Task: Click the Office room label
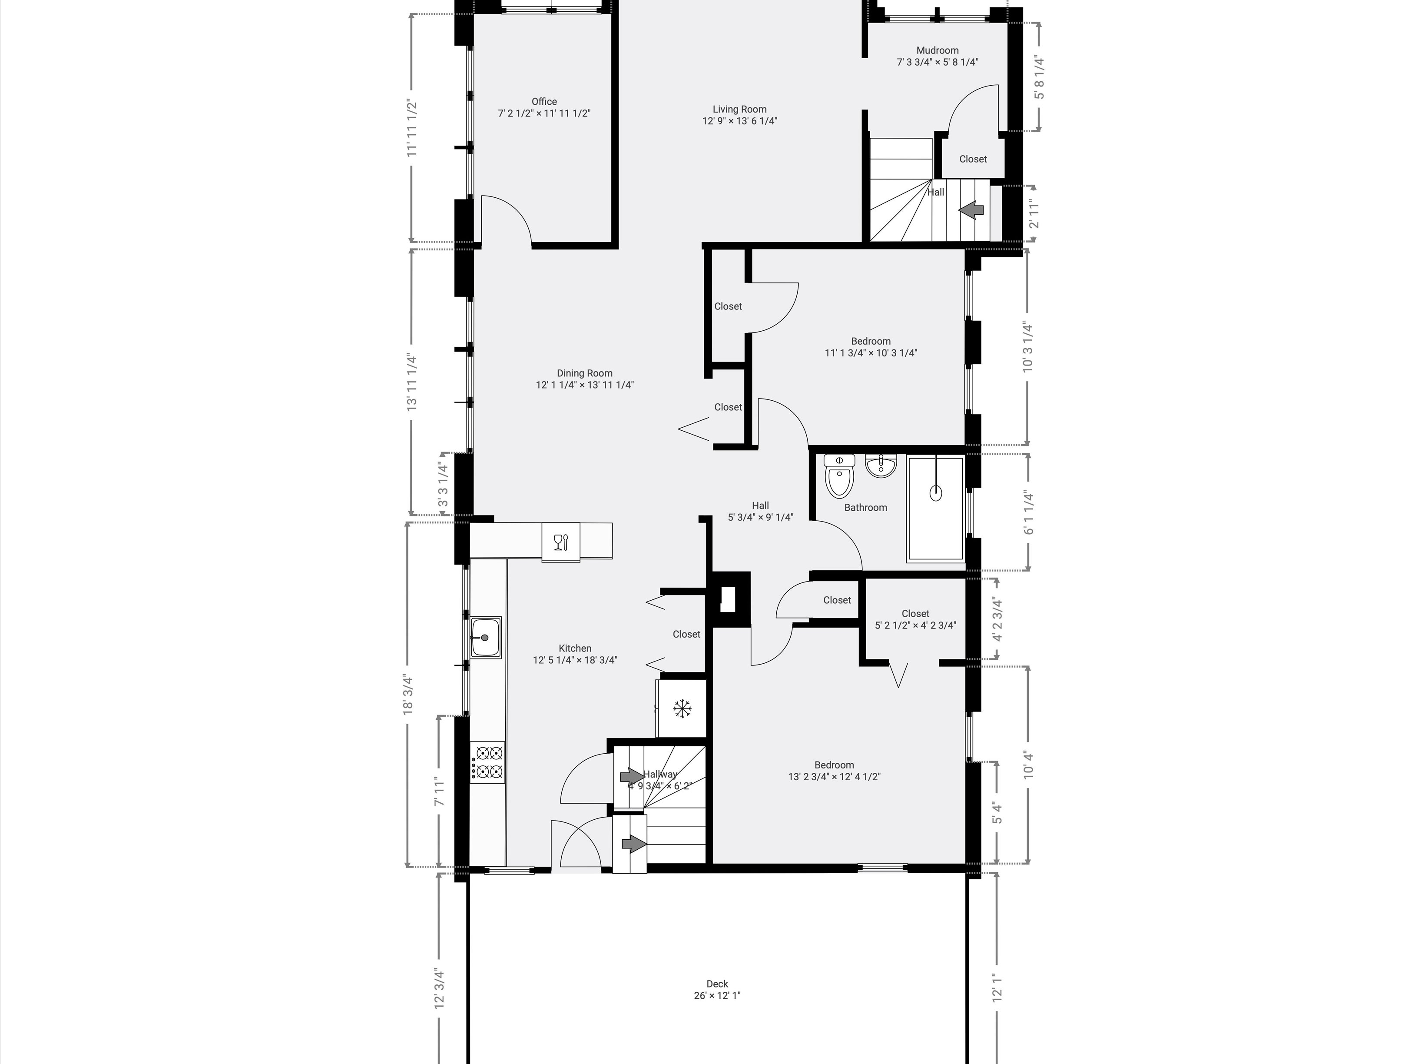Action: (544, 101)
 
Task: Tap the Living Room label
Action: (740, 109)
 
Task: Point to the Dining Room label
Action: (585, 373)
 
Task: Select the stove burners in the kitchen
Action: (488, 762)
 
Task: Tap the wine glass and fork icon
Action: (561, 542)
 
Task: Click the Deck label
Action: (717, 984)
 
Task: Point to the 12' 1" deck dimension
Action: (997, 988)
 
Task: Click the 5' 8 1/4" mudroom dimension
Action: (1038, 78)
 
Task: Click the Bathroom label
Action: (865, 507)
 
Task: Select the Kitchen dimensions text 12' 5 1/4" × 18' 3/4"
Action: (575, 660)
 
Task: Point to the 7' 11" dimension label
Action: (439, 793)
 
